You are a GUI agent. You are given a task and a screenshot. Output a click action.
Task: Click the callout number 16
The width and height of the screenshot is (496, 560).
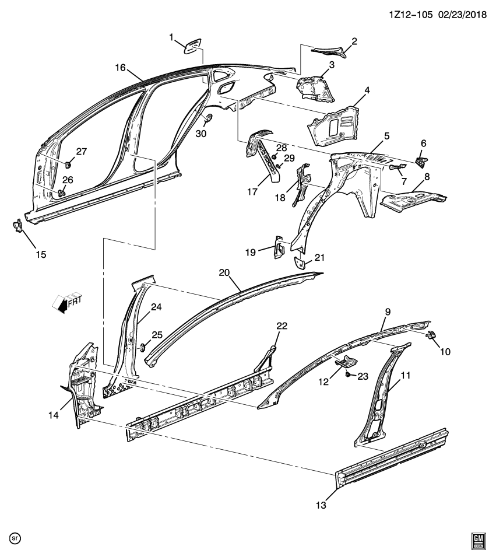120,68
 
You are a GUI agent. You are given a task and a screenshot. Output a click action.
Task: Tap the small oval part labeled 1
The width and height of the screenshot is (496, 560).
192,45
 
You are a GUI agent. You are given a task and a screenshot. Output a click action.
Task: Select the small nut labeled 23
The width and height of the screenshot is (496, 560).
348,377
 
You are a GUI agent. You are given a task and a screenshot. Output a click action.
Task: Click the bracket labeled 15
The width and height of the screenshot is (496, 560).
19,225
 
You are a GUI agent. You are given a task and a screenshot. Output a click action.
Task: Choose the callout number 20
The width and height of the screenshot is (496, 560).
225,272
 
